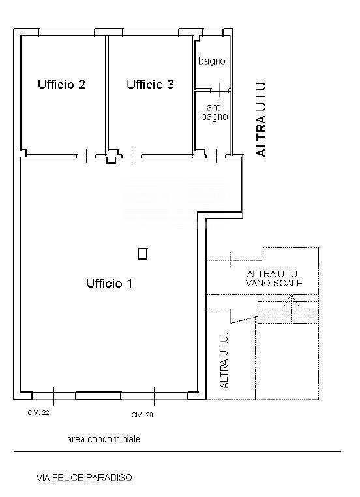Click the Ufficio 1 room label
pos(109,283)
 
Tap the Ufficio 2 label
pos(62,84)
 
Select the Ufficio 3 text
pos(150,84)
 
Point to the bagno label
pos(212,61)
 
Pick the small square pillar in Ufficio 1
pos(143,254)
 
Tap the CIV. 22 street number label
pos(38,413)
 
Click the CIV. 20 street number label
pos(142,415)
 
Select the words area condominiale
pos(103,440)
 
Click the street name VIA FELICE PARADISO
pos(84,478)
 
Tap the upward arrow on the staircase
pos(292,301)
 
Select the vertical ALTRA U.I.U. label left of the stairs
pos(224,363)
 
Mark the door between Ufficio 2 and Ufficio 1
pos(85,155)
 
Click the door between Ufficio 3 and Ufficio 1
pos(132,155)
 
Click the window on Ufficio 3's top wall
pos(151,31)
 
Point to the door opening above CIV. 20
pos(154,395)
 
